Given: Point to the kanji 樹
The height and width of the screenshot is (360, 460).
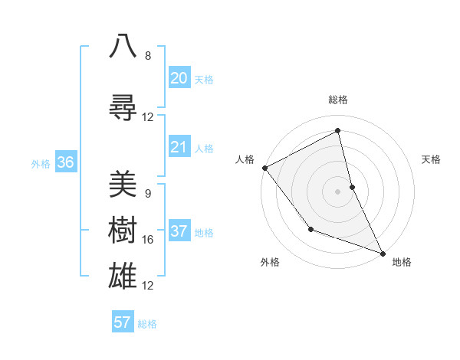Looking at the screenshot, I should tap(123, 229).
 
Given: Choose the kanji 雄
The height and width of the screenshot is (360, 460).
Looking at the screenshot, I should tap(123, 275).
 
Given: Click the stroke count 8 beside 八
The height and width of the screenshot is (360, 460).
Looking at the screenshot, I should tap(148, 56).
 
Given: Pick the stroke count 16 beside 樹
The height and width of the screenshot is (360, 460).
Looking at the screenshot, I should tap(148, 240).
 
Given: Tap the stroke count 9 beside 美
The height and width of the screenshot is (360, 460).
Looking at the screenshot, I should tap(148, 194).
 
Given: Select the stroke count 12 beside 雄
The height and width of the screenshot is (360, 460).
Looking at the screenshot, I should tap(148, 286).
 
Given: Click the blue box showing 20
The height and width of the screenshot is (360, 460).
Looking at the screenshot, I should tap(179, 78).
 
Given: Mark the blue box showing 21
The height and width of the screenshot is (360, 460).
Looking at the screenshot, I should tap(179, 147).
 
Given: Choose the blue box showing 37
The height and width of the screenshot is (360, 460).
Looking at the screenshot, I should tap(179, 231).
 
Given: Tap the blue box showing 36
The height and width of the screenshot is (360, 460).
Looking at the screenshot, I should tap(65, 162).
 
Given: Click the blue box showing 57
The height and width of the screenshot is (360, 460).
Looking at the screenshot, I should tap(122, 322).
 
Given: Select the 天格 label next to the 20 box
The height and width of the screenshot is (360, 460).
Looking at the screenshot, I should tap(204, 80).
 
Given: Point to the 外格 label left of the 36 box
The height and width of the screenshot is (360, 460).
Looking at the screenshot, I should tap(41, 163).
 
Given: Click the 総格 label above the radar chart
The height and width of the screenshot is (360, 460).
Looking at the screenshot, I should tap(338, 100).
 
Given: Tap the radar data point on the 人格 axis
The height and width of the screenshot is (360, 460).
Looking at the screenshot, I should tap(264, 168).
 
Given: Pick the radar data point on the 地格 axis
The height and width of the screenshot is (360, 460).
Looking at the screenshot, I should tap(383, 252).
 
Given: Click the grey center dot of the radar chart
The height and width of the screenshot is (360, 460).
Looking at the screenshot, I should tap(338, 191).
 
